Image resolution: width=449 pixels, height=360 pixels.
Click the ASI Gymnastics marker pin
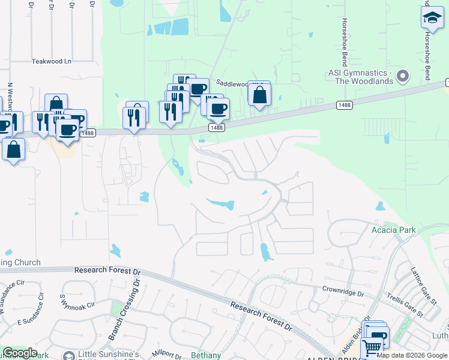coord(403,76)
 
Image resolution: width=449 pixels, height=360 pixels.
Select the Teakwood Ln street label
coord(51,61)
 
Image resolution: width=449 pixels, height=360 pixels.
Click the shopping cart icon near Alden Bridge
coord(372,347)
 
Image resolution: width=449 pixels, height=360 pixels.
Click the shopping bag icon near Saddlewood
coord(259,95)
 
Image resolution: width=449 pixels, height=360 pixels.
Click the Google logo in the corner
coord(20,353)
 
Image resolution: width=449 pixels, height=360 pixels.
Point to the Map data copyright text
coord(412,355)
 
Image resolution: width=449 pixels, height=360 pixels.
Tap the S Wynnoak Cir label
coord(77,301)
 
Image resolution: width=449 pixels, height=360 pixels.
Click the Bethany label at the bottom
coord(206,355)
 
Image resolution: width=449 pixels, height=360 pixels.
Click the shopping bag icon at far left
coord(13,149)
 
